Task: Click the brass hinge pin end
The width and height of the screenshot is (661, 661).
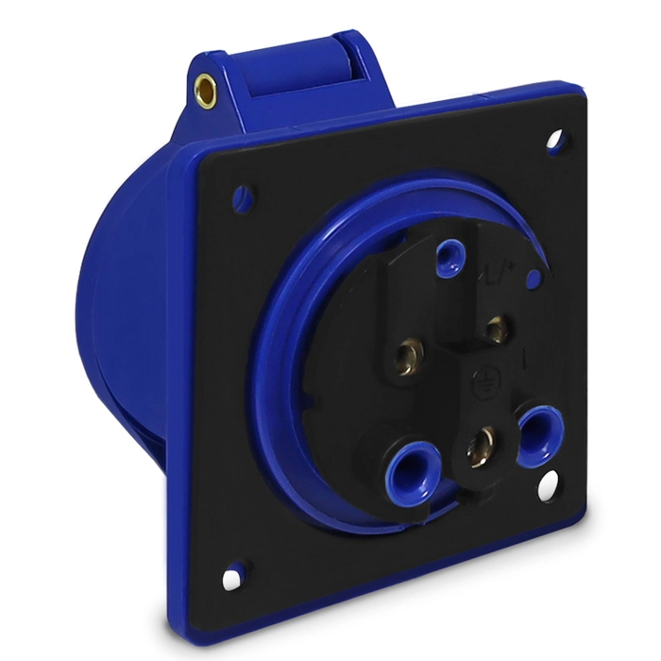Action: pos(202,91)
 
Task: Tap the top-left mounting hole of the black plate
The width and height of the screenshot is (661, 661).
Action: pos(244,196)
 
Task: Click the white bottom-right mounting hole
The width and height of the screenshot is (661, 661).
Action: pos(546,489)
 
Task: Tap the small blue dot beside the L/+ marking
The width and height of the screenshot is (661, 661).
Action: pos(534,279)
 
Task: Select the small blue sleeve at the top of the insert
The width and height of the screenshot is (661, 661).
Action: pos(450,256)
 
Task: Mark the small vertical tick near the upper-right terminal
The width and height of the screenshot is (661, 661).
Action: pos(525,359)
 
